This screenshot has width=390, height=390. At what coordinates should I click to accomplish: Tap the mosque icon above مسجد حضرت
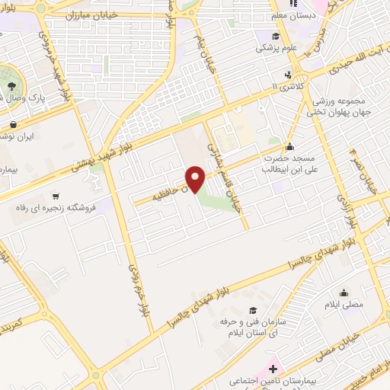click(289, 147)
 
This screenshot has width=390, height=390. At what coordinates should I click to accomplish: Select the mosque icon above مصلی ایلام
click(344, 292)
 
